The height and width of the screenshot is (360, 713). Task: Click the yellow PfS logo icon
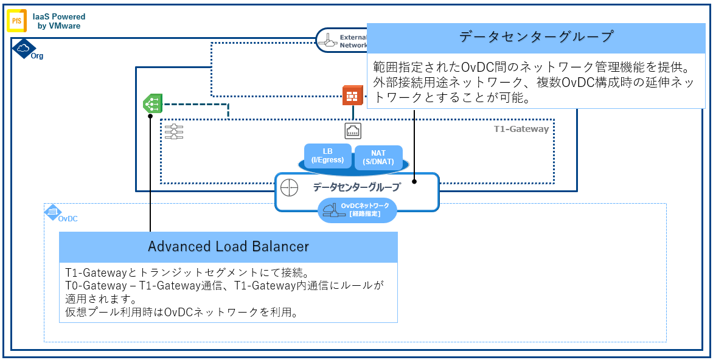pyautogui.click(x=16, y=21)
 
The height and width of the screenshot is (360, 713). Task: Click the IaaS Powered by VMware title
pyautogui.click(x=59, y=21)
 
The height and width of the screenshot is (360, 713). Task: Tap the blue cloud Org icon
pyautogui.click(x=23, y=47)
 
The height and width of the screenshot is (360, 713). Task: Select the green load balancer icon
pyautogui.click(x=151, y=103)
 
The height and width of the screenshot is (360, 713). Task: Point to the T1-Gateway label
pyautogui.click(x=521, y=129)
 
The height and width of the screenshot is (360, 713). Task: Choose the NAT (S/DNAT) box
pyautogui.click(x=378, y=157)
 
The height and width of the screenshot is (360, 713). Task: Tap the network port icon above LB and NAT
pyautogui.click(x=353, y=130)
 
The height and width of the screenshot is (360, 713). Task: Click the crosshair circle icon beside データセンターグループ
pyautogui.click(x=290, y=187)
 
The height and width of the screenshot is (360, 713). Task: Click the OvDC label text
pyautogui.click(x=68, y=218)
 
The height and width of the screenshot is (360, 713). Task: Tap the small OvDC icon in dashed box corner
pyautogui.click(x=52, y=211)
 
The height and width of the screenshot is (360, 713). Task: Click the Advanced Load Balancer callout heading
pyautogui.click(x=228, y=246)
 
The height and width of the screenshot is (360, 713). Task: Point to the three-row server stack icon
pyautogui.click(x=174, y=131)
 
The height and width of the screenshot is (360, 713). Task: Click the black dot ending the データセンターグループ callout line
pyautogui.click(x=414, y=181)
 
